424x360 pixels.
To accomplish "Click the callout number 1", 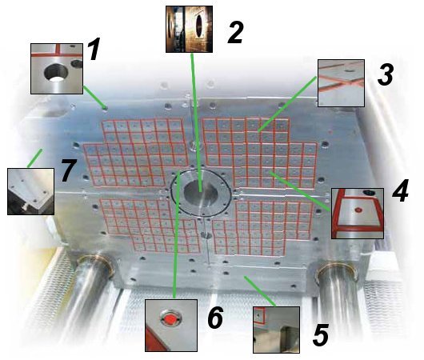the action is coord(94,50).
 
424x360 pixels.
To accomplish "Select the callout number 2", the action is coord(235,33).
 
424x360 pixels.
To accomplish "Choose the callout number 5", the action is coord(321,335).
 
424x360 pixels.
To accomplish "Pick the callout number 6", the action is coord(215,318).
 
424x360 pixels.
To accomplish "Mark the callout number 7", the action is coord(69,170).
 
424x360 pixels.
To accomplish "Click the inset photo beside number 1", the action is coord(57,69).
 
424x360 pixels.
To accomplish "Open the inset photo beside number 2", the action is coord(189,30).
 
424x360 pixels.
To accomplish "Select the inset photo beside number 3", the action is coord(342,83).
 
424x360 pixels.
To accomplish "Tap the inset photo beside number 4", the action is coord(358,214).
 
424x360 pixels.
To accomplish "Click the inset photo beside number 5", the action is coord(276,330).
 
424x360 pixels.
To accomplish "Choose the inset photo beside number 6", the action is coord(171,326).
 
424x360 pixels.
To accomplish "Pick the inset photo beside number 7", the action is coord(31,191).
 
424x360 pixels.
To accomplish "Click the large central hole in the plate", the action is coord(201,194).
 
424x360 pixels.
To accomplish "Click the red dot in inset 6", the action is coord(170,319).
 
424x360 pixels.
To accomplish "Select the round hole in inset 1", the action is coord(56,72).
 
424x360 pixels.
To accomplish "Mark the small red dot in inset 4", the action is coord(358,210).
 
